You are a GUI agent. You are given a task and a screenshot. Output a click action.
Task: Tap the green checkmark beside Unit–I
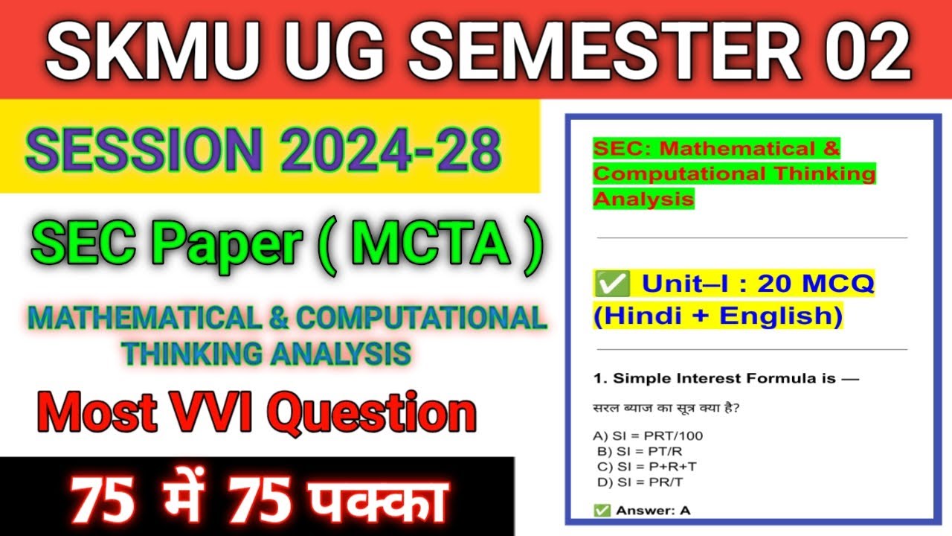click(x=612, y=284)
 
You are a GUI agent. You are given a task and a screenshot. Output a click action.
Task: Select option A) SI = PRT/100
click(x=647, y=435)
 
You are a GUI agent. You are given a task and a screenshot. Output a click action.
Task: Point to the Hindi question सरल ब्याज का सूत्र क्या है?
click(x=670, y=408)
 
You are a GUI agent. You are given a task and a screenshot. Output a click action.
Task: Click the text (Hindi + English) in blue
click(x=718, y=316)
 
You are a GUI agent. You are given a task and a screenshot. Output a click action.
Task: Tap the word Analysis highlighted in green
click(x=643, y=199)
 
